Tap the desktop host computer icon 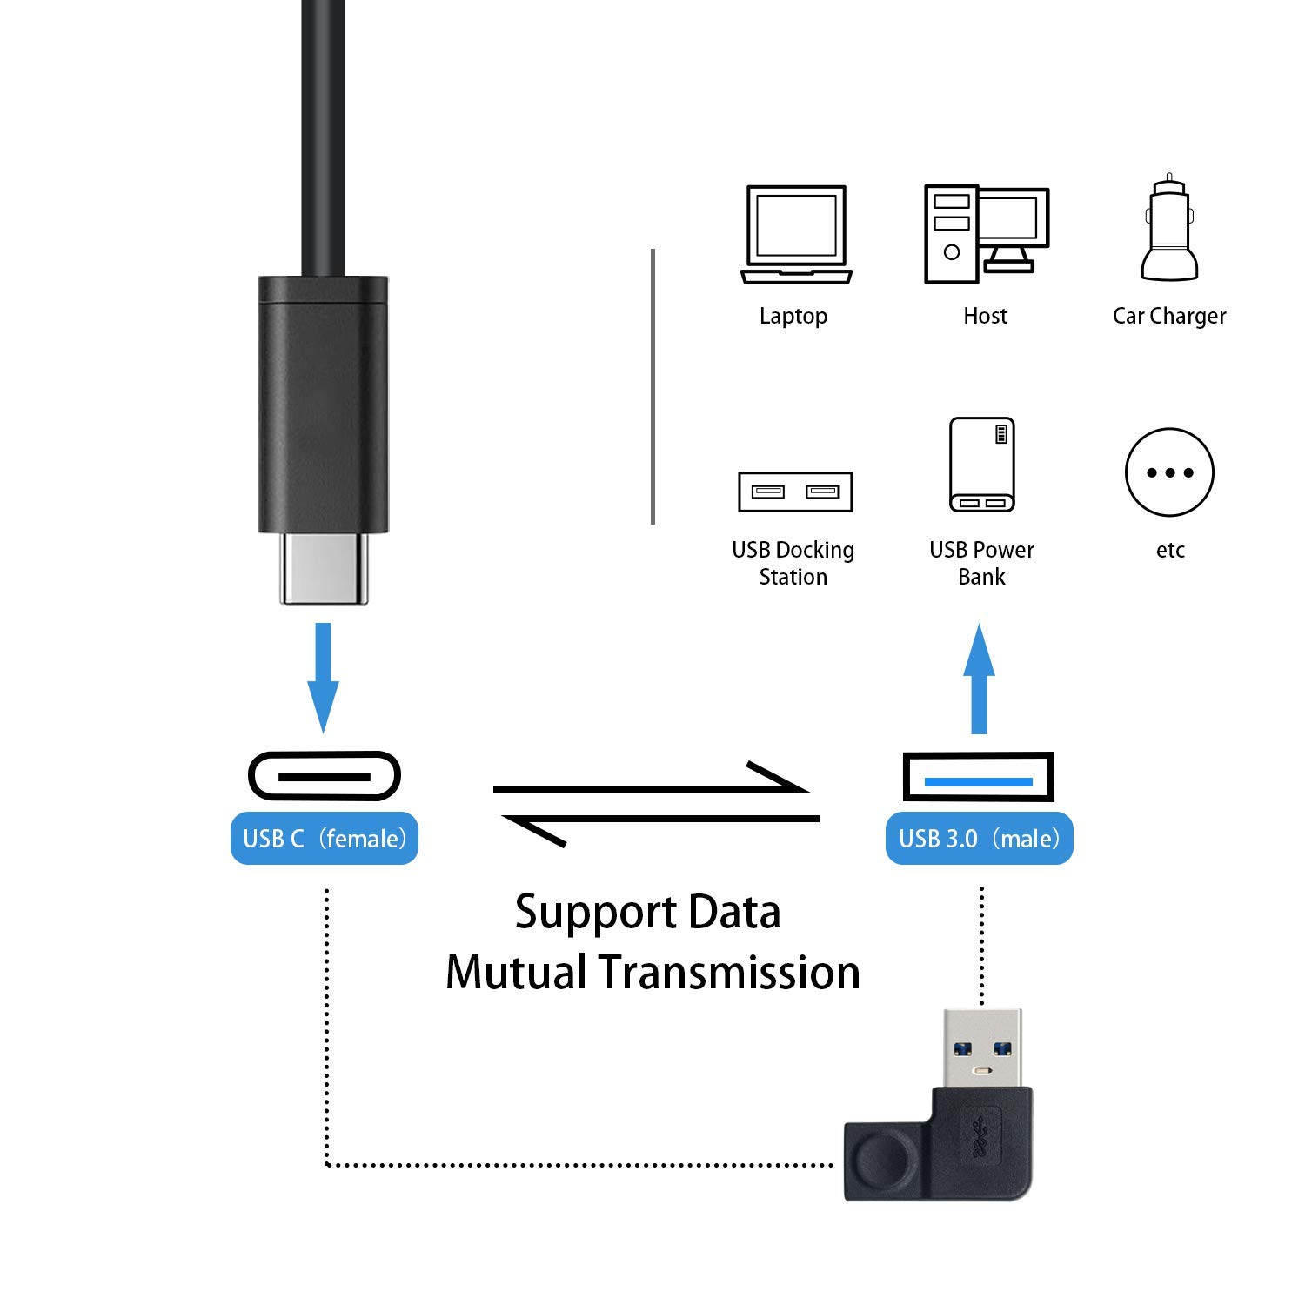(x=986, y=233)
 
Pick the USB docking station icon (x=794, y=492)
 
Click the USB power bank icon (x=981, y=465)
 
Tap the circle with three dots (x=1169, y=472)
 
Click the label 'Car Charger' (x=1168, y=316)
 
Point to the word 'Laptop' (x=793, y=316)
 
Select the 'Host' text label (x=985, y=316)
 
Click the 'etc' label (x=1170, y=550)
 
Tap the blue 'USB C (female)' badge (x=325, y=839)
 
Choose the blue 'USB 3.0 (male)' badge (x=979, y=839)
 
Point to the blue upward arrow (x=979, y=679)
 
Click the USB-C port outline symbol (x=324, y=775)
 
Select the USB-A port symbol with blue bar (x=979, y=777)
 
